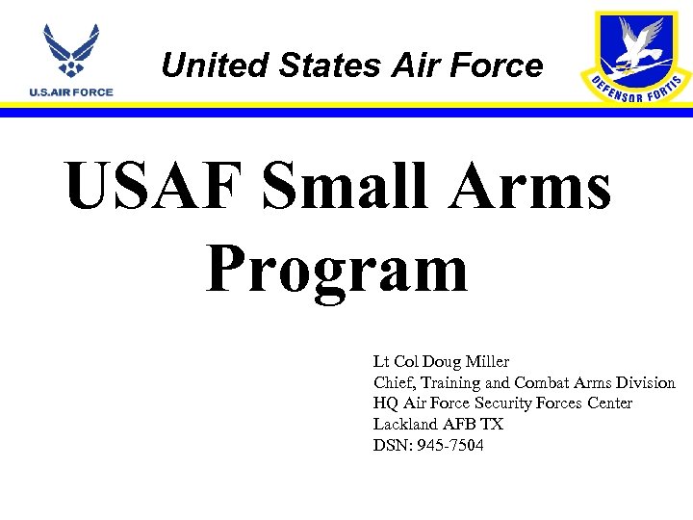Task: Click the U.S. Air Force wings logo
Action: click(71, 54)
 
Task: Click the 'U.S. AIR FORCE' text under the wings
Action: click(71, 92)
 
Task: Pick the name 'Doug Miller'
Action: click(469, 362)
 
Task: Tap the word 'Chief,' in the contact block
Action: click(395, 383)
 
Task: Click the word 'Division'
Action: click(645, 383)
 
